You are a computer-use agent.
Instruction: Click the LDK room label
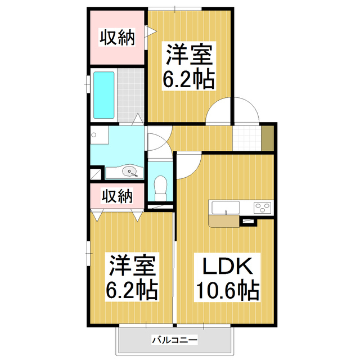coord(227,267)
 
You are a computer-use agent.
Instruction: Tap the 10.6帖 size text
coord(227,290)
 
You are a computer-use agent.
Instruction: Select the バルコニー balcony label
coord(174,340)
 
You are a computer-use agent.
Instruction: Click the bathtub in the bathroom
coord(103,95)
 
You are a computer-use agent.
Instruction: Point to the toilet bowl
coord(160,188)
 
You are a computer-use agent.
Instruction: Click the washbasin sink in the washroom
coord(130,171)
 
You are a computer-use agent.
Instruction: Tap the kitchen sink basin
coord(226,208)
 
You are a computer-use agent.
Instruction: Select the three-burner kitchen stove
coord(262,208)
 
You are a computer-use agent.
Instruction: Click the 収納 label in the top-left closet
coord(117,37)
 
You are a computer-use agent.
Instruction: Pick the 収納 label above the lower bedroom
coord(117,196)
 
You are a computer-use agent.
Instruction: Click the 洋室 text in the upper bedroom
coord(189,54)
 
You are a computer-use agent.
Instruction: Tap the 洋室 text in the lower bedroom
coord(132,265)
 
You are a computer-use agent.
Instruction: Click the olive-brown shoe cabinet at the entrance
coord(268,138)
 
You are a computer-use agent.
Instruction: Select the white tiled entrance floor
coord(247,138)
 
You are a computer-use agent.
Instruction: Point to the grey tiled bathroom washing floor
coord(130,95)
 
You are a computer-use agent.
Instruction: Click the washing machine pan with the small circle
coord(100,135)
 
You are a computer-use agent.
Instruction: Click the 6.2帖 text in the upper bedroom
coord(189,80)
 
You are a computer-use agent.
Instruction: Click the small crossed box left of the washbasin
coord(96,174)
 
